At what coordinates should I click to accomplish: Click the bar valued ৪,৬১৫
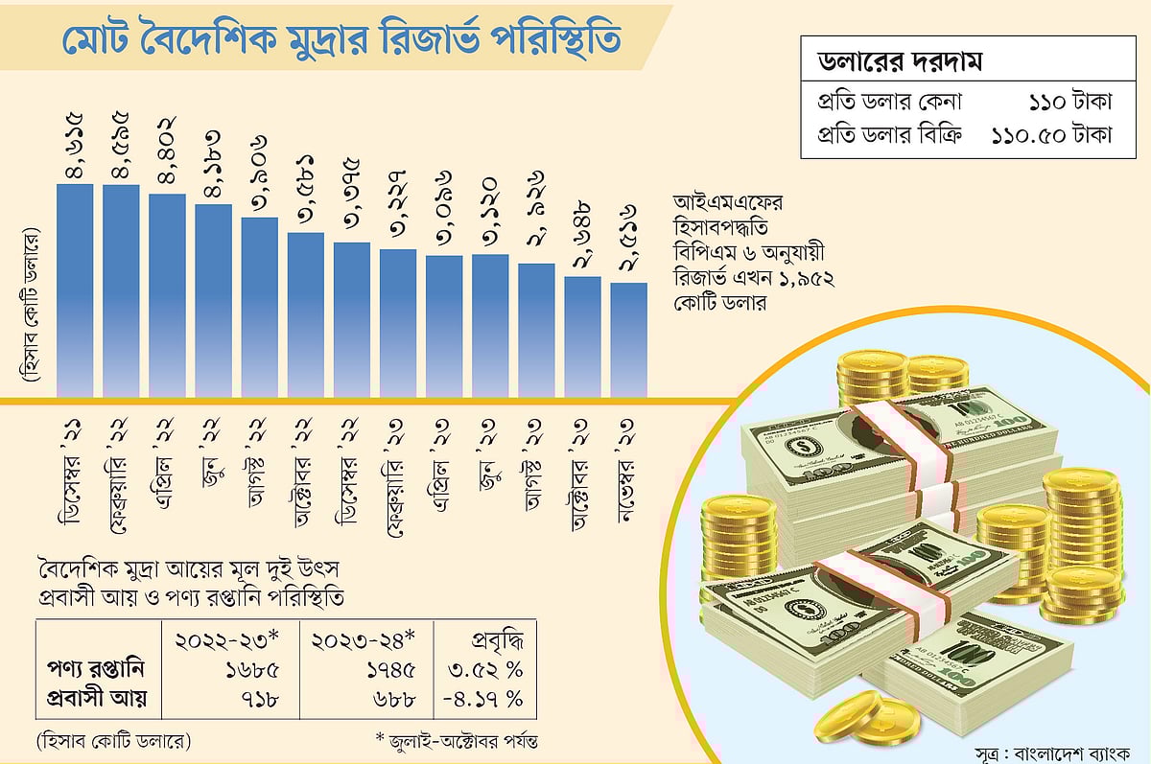pos(75,289)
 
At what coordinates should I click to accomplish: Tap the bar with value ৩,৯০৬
pos(259,306)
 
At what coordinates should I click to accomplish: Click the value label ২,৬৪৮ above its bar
pos(582,235)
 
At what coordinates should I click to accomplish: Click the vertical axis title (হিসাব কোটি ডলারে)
pos(31,308)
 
